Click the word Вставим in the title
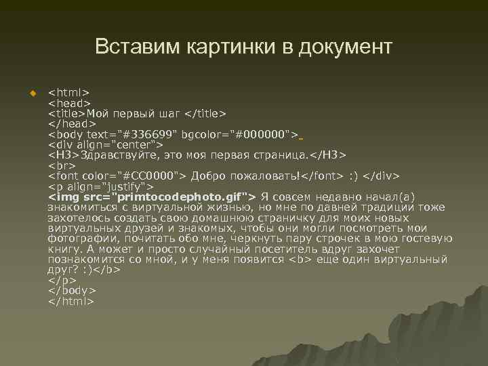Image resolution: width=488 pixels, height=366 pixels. [134, 47]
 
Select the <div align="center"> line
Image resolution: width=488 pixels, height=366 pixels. [105, 144]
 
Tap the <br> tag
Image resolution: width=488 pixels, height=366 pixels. [62, 165]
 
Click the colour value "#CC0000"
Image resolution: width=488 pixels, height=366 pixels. [152, 176]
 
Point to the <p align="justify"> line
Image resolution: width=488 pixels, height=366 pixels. [101, 186]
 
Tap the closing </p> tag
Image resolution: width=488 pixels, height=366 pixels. [62, 280]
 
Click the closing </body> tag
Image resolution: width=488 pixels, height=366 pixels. [71, 291]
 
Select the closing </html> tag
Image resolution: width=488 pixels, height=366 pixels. [71, 301]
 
